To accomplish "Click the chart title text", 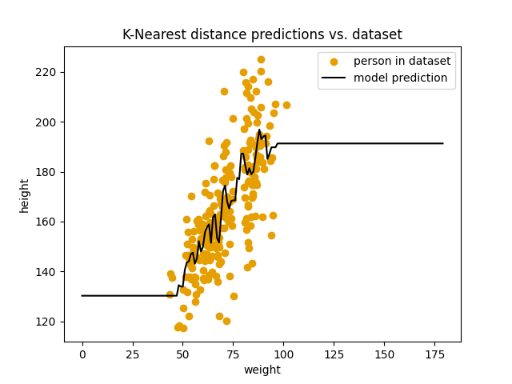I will (x=262, y=34).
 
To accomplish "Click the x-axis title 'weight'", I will (x=262, y=370).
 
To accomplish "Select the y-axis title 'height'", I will (x=25, y=195).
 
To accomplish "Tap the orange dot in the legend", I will (x=335, y=62).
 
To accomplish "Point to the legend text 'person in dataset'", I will (x=402, y=62).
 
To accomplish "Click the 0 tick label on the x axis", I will (x=82, y=354).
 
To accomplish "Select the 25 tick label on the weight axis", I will (x=133, y=354).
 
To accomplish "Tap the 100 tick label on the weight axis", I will (x=283, y=354).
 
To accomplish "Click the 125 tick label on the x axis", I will (x=334, y=354).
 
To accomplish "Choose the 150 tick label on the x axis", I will (x=384, y=354).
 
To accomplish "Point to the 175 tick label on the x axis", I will (x=434, y=354).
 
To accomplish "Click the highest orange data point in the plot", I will (x=261, y=59).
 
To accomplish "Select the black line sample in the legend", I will (x=335, y=78).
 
